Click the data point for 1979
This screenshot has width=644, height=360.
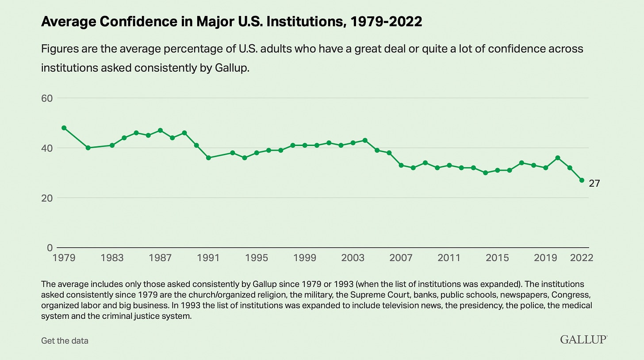coord(64,128)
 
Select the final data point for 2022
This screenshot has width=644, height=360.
coord(582,180)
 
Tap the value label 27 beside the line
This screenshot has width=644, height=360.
coord(594,183)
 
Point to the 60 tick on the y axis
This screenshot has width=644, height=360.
coord(47,98)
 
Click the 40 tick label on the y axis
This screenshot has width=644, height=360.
coord(47,148)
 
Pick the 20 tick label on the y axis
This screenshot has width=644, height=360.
coord(47,198)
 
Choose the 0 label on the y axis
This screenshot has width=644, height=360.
coord(50,248)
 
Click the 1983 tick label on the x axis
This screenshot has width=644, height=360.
coord(112,258)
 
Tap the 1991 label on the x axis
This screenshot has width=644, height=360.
coord(208,258)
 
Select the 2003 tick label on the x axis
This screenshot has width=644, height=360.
coord(353,258)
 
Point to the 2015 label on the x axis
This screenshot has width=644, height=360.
coord(497,258)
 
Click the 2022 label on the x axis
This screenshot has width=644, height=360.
coord(581,258)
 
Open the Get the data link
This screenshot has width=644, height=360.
coord(65,341)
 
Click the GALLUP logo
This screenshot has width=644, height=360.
coord(583,339)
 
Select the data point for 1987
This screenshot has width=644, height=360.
coord(160,130)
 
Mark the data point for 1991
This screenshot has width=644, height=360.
coord(208,158)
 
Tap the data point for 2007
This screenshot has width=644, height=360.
coord(401,165)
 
